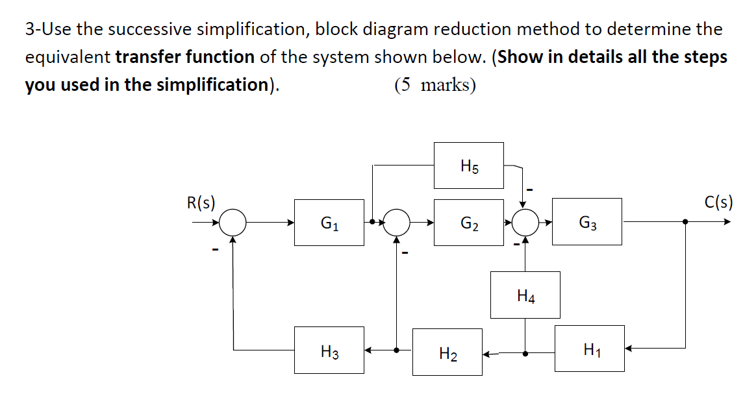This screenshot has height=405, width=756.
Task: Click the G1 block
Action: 329,223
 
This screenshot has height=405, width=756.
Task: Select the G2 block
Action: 468,223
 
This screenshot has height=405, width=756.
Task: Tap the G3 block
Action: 586,222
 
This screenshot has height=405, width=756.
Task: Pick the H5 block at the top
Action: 468,166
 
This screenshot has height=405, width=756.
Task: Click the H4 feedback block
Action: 525,295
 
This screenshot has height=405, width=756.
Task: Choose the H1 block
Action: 589,349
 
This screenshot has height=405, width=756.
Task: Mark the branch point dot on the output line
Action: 685,222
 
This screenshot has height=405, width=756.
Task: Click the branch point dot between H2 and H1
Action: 525,354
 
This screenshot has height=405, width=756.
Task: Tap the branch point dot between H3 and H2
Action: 397,350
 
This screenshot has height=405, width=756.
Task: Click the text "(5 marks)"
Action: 435,85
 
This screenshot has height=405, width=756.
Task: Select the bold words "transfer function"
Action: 184,57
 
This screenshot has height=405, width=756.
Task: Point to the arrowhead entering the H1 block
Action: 629,349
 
